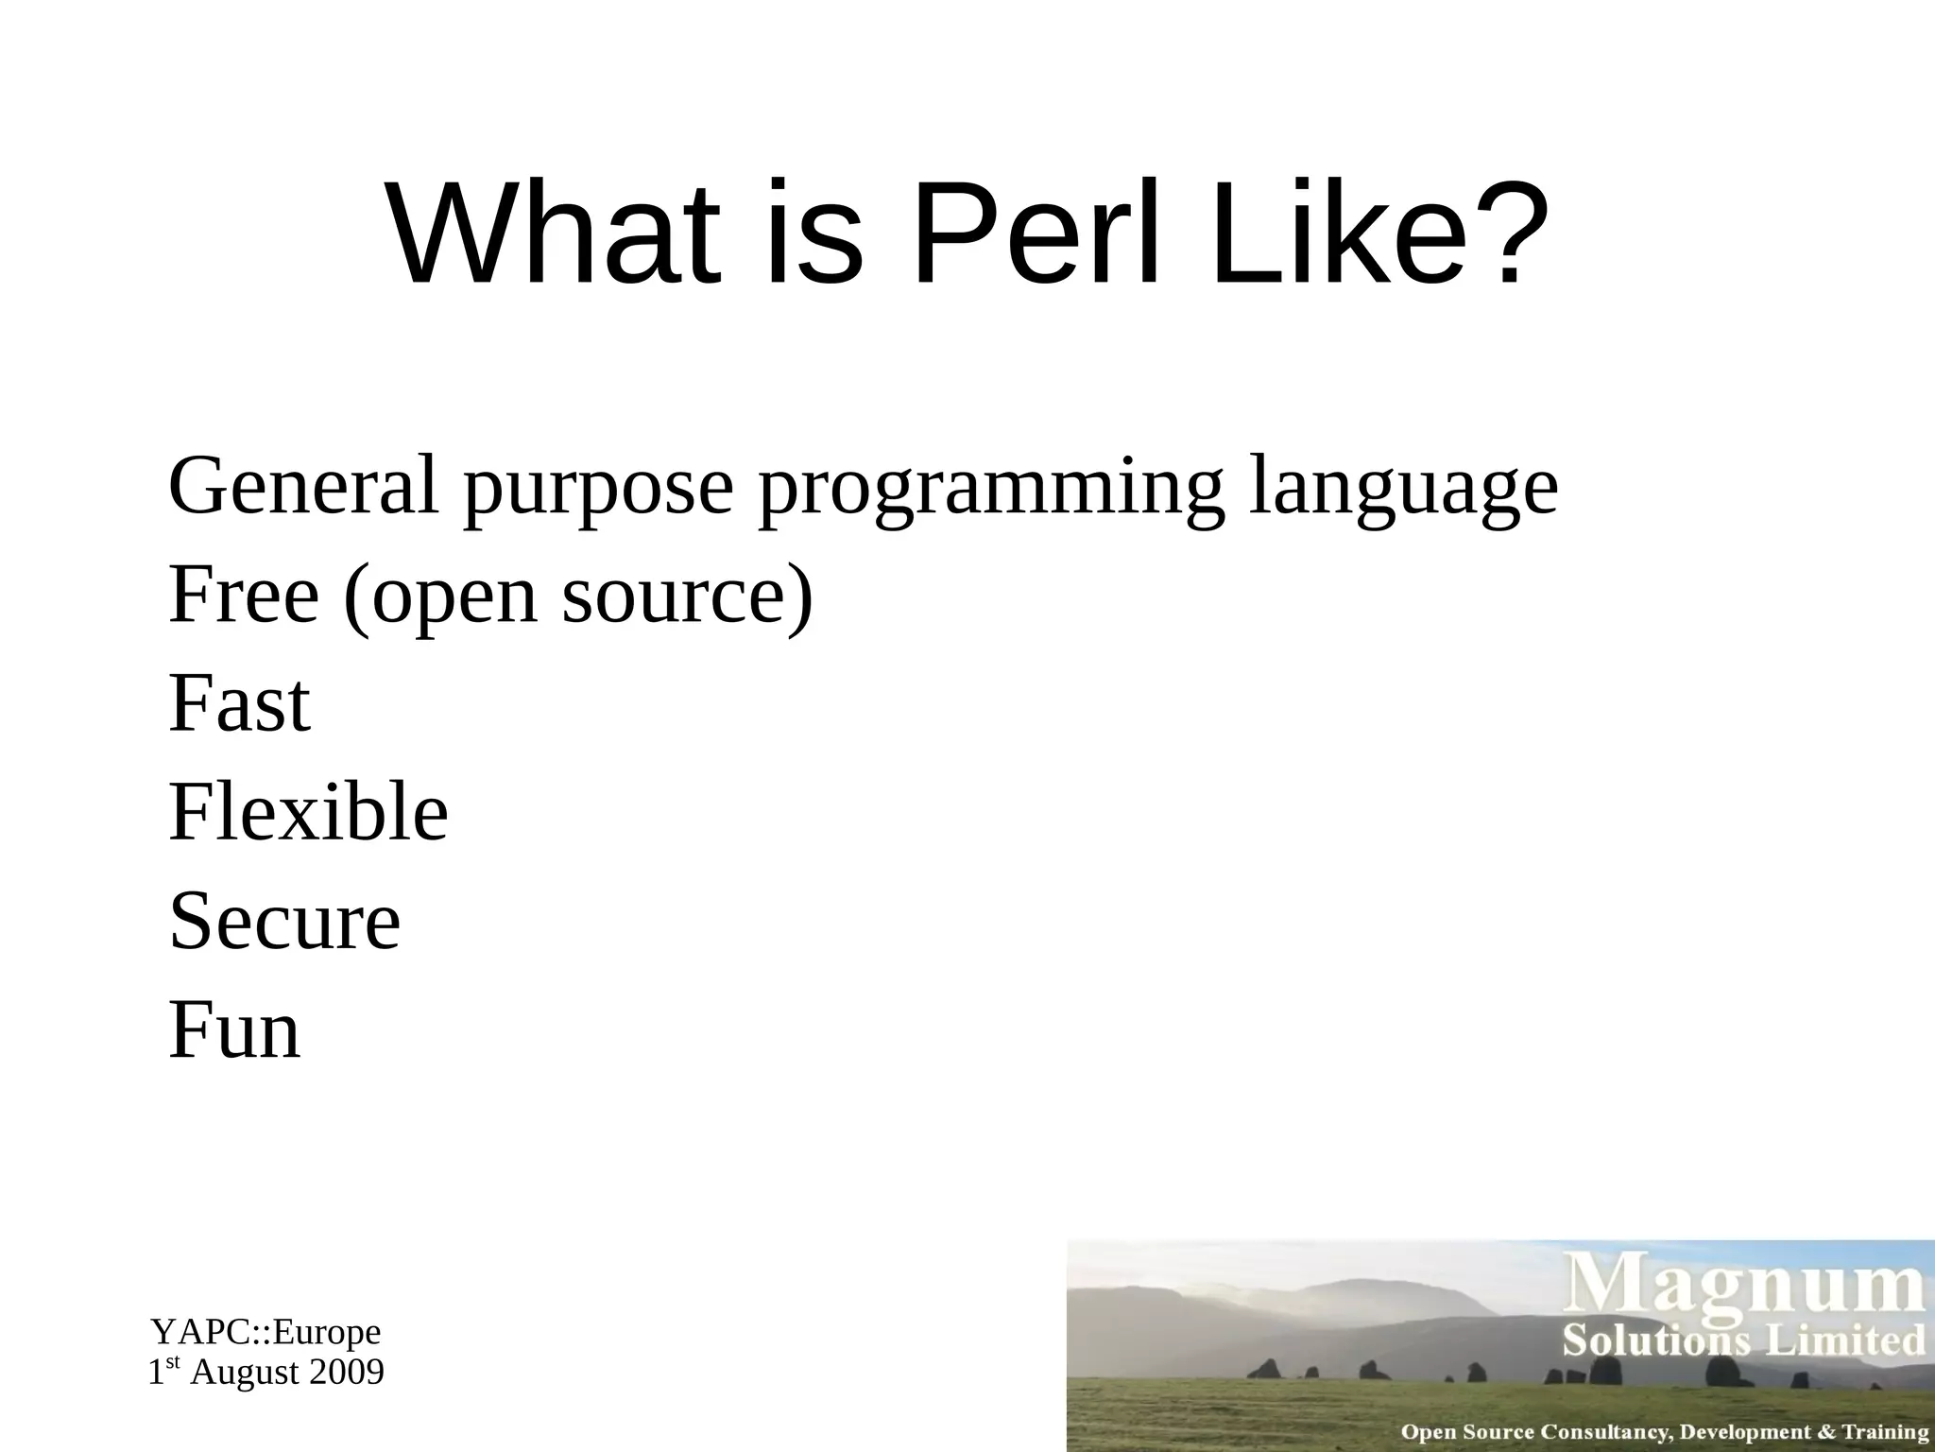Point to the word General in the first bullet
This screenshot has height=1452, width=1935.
(303, 486)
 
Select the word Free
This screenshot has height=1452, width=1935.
(243, 595)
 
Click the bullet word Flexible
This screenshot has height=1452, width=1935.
(308, 812)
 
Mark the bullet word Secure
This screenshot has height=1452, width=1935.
(284, 921)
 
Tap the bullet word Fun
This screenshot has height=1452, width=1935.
(234, 1029)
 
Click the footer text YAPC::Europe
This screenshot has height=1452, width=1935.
(265, 1332)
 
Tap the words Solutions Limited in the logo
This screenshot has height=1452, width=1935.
(1743, 1341)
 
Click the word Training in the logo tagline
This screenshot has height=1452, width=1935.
(1884, 1432)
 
